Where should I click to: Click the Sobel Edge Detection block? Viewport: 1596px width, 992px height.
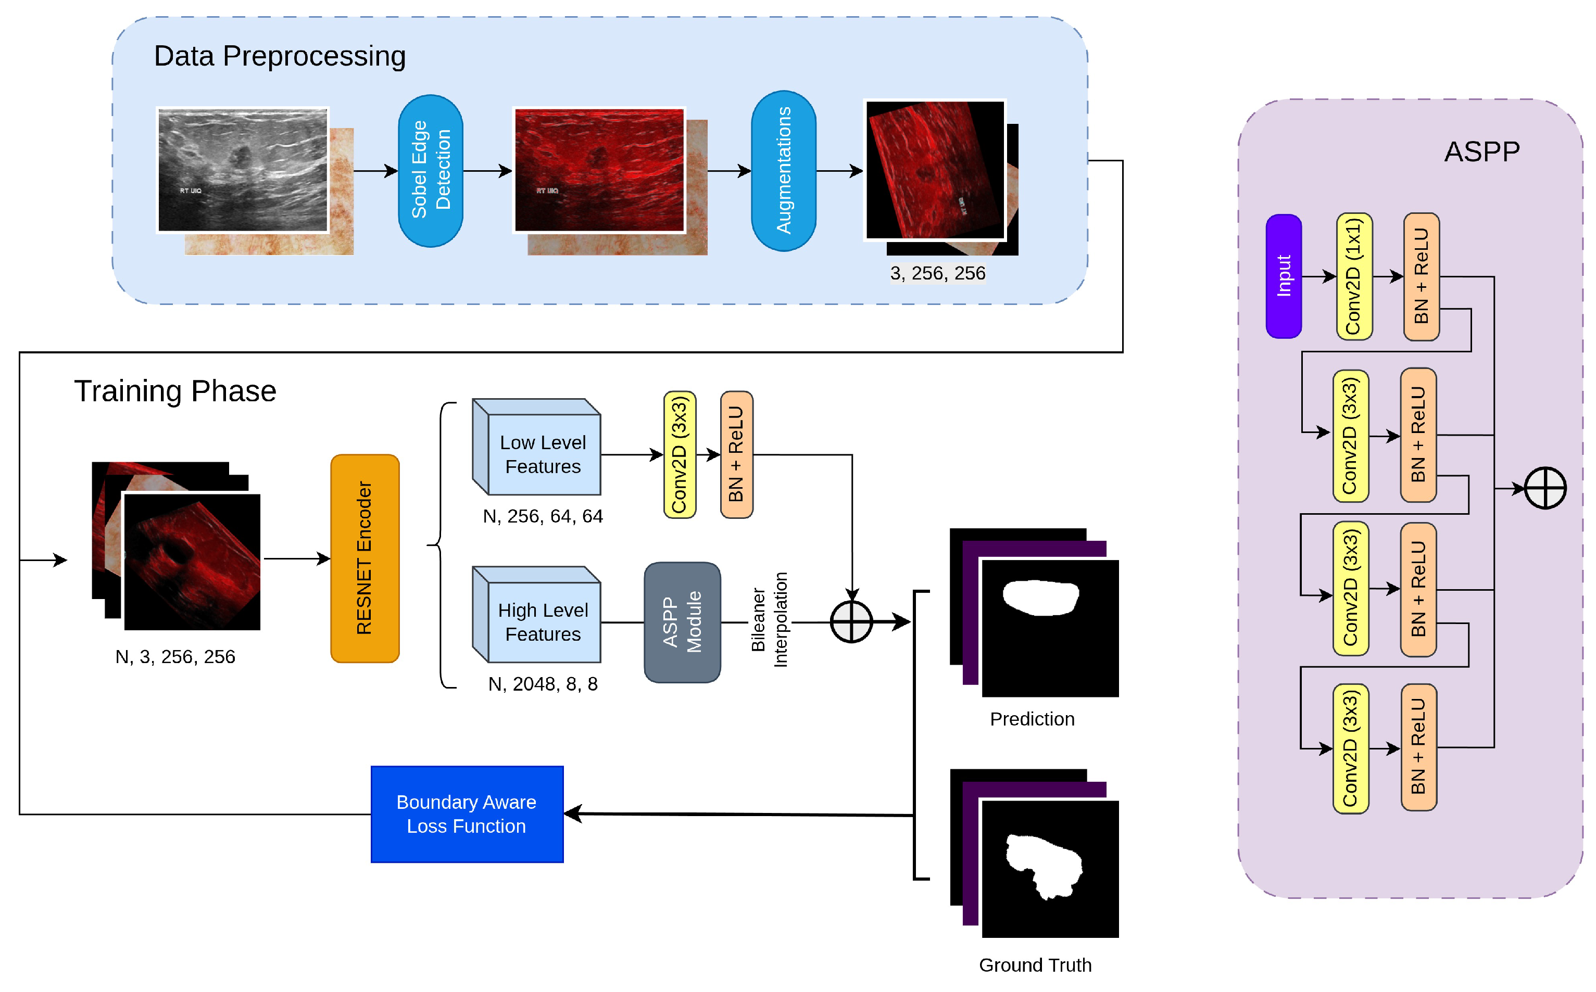point(431,171)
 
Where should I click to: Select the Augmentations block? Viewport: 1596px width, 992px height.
point(784,171)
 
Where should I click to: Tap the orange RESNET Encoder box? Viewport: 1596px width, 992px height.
point(365,558)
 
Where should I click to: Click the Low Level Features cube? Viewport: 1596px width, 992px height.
point(536,447)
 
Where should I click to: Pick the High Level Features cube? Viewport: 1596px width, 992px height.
point(536,615)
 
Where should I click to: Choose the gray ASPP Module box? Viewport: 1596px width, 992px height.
point(683,622)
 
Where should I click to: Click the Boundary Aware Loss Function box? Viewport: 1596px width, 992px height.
point(467,814)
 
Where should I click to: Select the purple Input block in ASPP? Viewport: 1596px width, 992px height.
point(1284,276)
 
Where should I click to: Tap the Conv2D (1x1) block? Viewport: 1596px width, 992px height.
point(1354,276)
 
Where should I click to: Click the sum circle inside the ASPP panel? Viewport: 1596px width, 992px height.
point(1545,488)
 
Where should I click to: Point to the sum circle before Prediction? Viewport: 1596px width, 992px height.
point(851,621)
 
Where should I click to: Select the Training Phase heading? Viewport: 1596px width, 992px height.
point(175,392)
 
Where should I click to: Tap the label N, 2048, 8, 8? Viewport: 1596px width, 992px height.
point(543,684)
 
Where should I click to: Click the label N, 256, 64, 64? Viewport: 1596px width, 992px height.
point(543,516)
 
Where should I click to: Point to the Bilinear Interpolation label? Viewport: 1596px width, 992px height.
point(769,620)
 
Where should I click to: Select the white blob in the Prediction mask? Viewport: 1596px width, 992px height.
point(1041,597)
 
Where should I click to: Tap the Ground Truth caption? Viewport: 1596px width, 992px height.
point(1035,965)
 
